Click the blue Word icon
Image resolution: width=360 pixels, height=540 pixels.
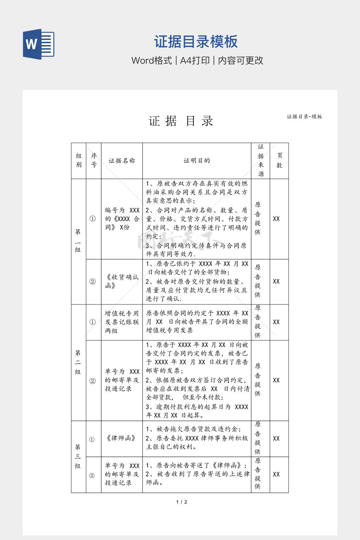coord(39,44)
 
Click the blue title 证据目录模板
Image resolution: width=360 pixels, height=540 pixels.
coord(196,41)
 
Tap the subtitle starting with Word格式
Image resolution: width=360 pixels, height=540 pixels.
coord(197,60)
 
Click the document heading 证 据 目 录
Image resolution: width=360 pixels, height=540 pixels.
coord(181,121)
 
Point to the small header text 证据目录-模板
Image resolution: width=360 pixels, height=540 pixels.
coord(304,116)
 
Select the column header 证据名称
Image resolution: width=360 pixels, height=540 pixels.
coord(122,161)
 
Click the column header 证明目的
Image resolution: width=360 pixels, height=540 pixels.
coord(197,161)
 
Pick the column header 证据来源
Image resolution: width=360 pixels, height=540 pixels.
coord(261,161)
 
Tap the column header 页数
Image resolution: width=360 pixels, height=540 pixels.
coord(279,161)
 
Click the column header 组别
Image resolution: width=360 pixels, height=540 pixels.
coord(79,161)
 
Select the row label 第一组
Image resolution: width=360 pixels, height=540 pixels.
coord(78,241)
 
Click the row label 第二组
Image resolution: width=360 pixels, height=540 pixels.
coord(78,362)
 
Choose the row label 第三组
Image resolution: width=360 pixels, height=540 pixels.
coord(78,456)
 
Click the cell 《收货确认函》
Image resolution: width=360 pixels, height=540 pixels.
coord(122,281)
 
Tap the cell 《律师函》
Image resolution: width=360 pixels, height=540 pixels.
coord(121,438)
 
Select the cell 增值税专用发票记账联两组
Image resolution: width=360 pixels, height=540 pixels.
coord(122,322)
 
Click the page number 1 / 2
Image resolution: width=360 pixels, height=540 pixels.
coord(181,502)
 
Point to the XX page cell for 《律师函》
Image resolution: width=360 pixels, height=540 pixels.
coord(276,439)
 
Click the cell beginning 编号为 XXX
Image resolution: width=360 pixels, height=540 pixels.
coord(122,219)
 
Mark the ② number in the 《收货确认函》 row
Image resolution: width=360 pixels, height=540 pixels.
coord(92,282)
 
